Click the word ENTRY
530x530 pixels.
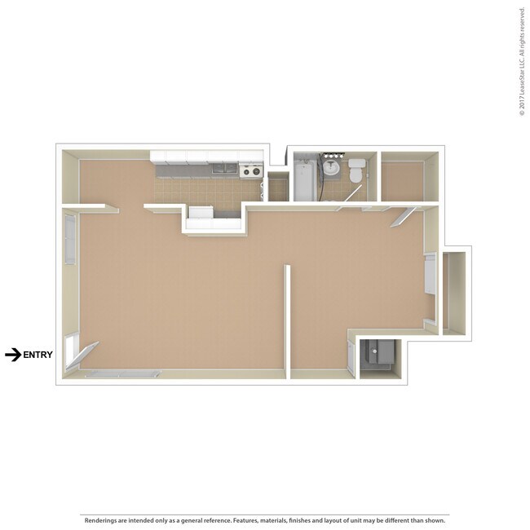[38, 355]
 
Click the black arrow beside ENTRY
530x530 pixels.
[12, 355]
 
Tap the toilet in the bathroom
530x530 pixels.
[356, 173]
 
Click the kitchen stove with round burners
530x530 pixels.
[251, 171]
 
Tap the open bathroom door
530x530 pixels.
[352, 193]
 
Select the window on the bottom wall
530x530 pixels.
[122, 373]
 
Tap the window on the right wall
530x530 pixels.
[429, 275]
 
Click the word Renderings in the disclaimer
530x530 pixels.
[103, 520]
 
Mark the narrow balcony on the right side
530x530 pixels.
[455, 292]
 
